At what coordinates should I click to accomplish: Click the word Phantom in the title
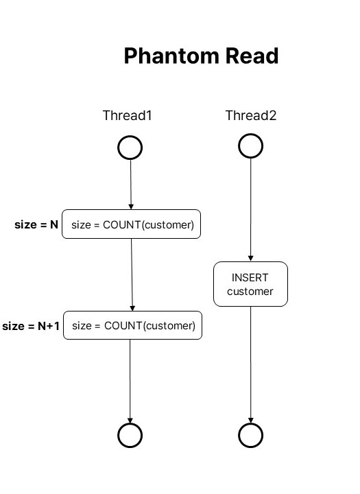[171, 56]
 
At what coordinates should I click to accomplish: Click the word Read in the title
[252, 56]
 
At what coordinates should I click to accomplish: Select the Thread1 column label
[128, 115]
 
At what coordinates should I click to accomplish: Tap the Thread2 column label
[251, 115]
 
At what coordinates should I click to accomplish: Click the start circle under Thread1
[118, 148]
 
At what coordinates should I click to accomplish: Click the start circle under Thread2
[239, 146]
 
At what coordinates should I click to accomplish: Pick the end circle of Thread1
[118, 436]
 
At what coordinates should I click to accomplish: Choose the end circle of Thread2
[239, 436]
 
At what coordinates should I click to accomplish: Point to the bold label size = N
[36, 224]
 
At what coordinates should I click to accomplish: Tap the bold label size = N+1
[31, 326]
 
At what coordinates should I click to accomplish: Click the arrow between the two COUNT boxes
[132, 274]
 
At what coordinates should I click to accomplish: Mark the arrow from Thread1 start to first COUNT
[131, 185]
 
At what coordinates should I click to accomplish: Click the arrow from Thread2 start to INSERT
[251, 210]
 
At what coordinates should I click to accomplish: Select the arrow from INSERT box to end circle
[251, 365]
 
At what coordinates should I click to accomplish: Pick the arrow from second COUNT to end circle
[130, 381]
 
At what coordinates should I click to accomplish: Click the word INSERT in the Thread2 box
[250, 278]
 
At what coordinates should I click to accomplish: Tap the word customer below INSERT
[250, 292]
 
